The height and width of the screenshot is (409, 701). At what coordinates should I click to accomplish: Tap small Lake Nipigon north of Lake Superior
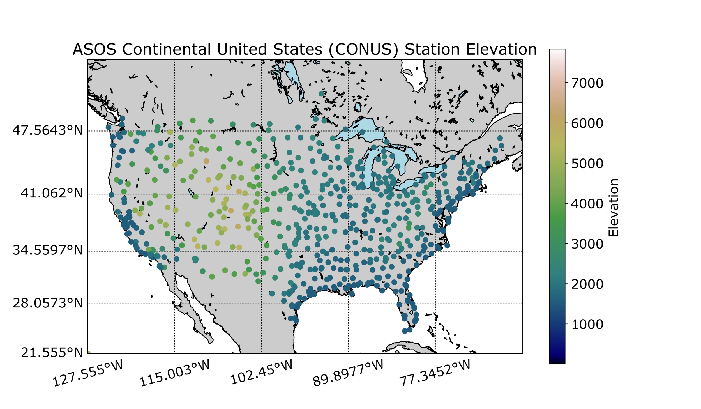coord(358,107)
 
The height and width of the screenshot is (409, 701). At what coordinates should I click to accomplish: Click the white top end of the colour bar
coord(557,52)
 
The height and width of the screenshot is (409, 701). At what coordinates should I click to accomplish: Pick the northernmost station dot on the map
coord(321,93)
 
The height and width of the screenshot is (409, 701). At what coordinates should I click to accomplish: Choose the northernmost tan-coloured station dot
coord(206,161)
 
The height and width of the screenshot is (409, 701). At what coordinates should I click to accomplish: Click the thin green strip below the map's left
coord(131,351)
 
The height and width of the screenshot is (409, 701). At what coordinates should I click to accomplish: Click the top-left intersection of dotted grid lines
coord(174,131)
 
